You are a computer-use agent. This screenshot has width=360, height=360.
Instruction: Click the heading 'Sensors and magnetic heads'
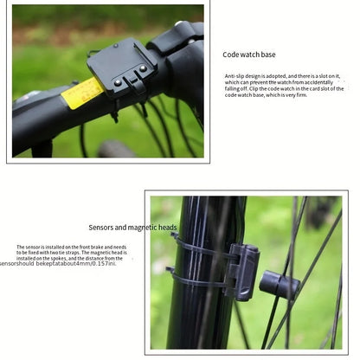click(x=132, y=228)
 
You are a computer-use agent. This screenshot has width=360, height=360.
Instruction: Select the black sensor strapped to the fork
click(x=241, y=269)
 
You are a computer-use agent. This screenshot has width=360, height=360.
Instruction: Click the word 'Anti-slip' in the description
click(x=235, y=76)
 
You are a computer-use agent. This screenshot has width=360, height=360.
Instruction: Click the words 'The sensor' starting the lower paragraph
click(x=29, y=247)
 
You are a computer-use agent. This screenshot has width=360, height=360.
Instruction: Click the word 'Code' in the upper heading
click(x=231, y=55)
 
